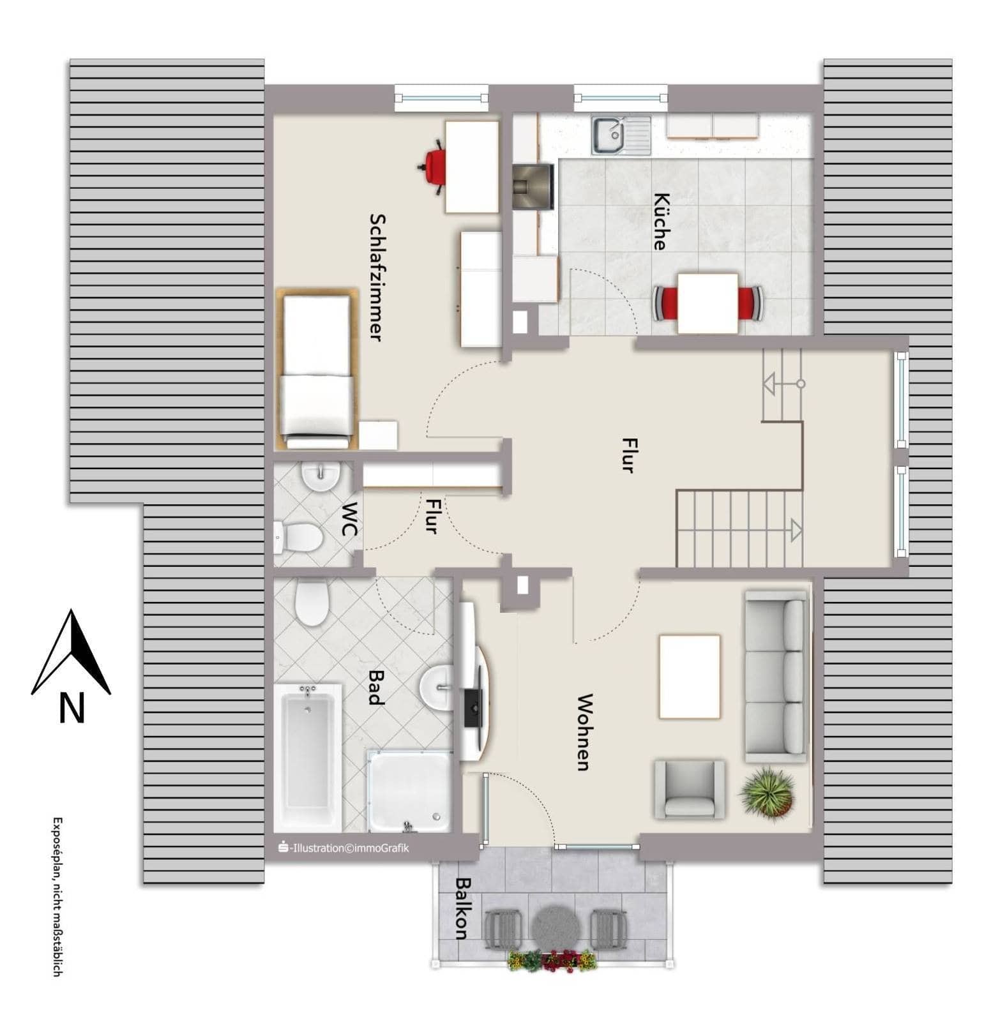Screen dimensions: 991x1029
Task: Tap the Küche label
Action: (x=661, y=221)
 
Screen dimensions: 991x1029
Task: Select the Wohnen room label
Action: (x=583, y=732)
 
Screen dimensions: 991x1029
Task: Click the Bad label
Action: (x=377, y=687)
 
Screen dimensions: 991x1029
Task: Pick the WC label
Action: (x=350, y=519)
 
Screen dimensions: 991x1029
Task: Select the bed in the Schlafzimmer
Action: (x=317, y=368)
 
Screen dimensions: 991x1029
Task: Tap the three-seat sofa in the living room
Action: (x=775, y=676)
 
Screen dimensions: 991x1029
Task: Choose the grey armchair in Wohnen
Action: (x=690, y=790)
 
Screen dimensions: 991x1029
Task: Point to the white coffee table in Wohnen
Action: (x=690, y=676)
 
